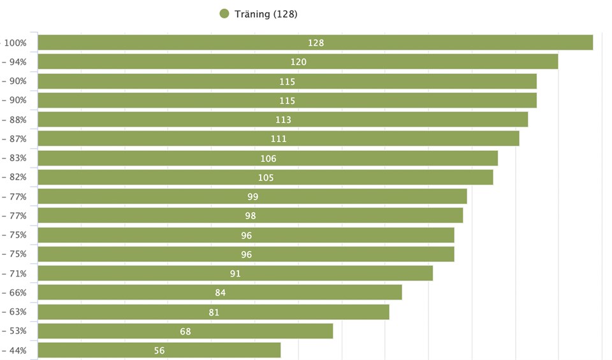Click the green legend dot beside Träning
tap(224, 14)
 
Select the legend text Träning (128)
tap(266, 14)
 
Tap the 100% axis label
tap(15, 43)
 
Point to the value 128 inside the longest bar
tap(316, 43)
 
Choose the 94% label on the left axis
tap(17, 62)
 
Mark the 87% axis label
tap(17, 139)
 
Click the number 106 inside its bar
tap(268, 159)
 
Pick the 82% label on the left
tap(17, 177)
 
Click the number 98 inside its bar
tap(251, 216)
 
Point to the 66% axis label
tap(17, 292)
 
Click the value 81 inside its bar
tap(214, 312)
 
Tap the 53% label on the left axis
tap(17, 331)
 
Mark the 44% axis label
tap(17, 350)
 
